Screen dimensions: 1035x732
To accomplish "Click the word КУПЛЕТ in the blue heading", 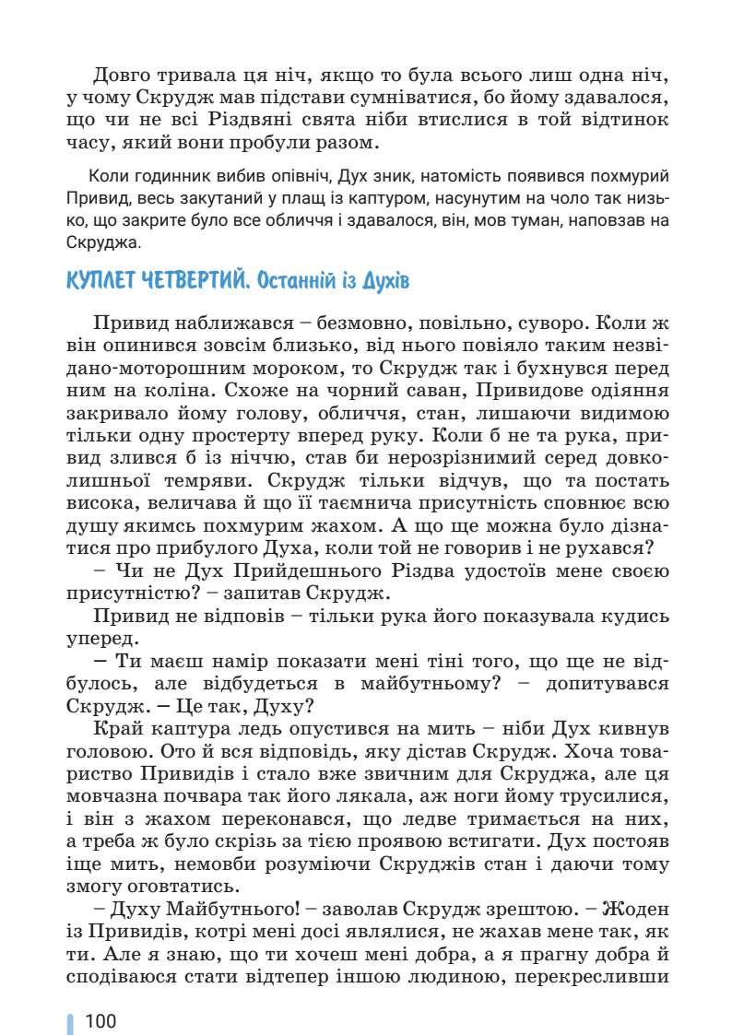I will (101, 281).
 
